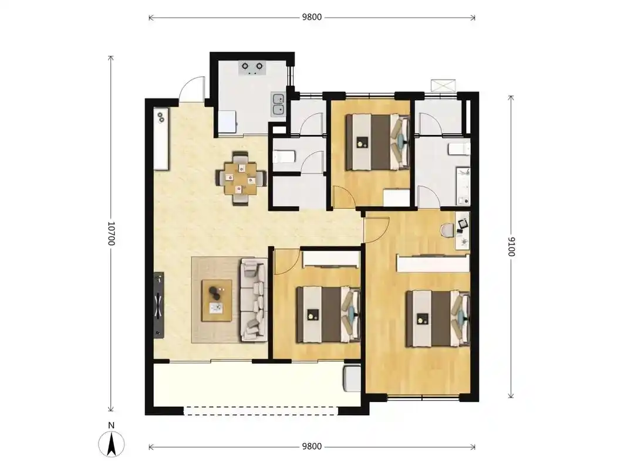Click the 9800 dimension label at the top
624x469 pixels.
click(312, 17)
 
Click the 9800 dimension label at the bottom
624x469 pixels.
click(312, 446)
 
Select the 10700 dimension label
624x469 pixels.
click(111, 233)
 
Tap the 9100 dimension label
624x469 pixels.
click(511, 246)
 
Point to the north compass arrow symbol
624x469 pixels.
click(112, 444)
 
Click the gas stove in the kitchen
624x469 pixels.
click(252, 68)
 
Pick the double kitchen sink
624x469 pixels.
click(278, 104)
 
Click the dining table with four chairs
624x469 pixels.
click(240, 178)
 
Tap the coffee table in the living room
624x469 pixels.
click(217, 300)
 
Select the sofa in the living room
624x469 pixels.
click(254, 300)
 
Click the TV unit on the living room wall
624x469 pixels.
click(158, 305)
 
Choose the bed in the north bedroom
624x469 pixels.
click(377, 142)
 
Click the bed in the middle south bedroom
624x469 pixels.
click(328, 314)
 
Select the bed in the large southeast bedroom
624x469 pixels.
click(438, 318)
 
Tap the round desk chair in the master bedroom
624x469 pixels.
click(447, 230)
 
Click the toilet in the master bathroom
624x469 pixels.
click(459, 149)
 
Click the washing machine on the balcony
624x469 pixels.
click(352, 378)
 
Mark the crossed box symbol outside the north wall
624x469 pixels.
click(443, 86)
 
